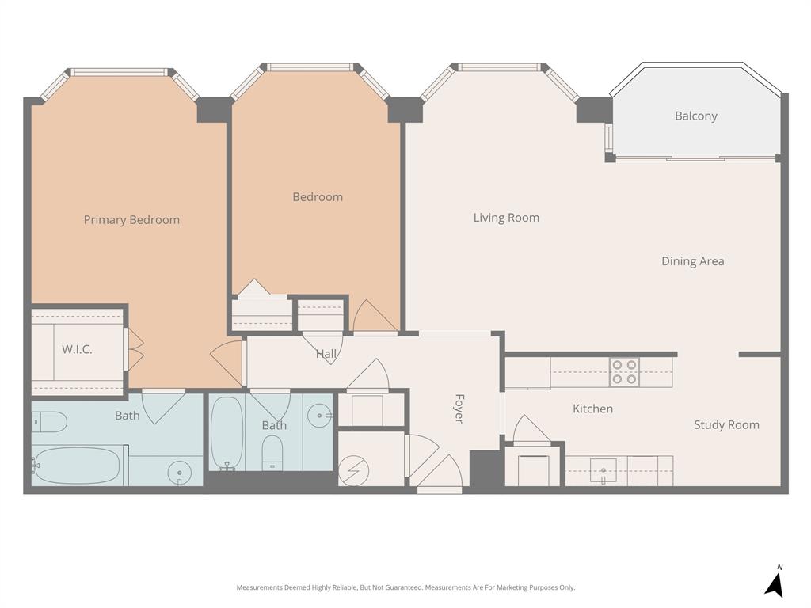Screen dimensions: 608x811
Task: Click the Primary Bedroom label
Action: coord(131,220)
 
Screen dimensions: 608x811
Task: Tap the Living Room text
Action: coord(506,218)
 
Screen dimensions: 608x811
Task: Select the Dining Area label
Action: coord(692,261)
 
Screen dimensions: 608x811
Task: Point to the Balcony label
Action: coord(695,116)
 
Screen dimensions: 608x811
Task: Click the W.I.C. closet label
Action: coord(77,349)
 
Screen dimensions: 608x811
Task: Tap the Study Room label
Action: coord(726,425)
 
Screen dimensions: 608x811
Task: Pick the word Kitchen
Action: coord(592,408)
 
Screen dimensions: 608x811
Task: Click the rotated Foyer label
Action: coord(459,408)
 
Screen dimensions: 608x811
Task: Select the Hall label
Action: coord(326,354)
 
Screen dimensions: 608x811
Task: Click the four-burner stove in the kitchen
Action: coord(624,372)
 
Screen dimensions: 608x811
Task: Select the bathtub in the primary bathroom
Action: coord(77,465)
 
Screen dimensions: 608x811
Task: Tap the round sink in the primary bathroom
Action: coord(180,473)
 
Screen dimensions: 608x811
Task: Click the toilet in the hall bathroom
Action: coord(272,452)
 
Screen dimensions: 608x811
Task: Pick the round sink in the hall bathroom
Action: coord(320,414)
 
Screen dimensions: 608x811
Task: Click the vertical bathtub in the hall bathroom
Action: coord(227,432)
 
